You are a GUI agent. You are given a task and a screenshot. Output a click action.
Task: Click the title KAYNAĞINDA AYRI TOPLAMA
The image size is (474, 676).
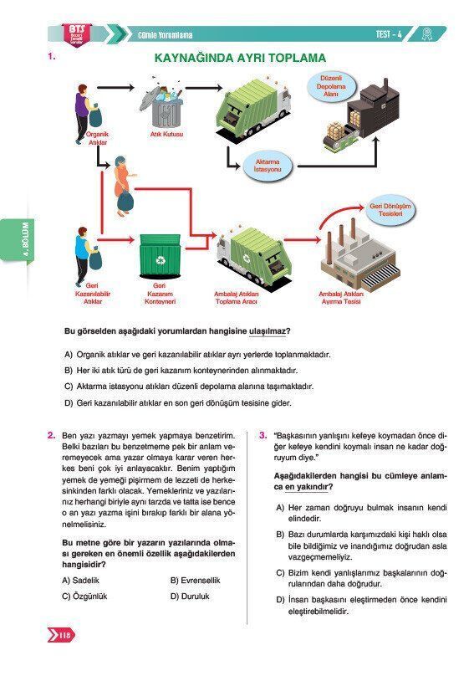pos(240,58)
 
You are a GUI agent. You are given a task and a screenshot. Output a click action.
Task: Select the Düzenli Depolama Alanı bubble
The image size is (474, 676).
pos(331,87)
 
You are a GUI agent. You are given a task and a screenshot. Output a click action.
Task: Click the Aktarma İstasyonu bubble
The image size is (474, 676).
pos(268,166)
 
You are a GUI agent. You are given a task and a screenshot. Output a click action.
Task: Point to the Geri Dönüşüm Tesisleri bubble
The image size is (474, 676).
pos(390,210)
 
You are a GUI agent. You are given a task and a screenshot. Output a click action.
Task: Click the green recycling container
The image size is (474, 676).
pos(160,257)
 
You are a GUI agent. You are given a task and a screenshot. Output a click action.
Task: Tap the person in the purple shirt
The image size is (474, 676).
pos(84,114)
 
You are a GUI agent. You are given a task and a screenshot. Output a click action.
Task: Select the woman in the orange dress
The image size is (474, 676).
pos(123,187)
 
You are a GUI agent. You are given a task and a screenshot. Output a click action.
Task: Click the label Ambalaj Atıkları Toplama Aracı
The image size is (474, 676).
pos(236,298)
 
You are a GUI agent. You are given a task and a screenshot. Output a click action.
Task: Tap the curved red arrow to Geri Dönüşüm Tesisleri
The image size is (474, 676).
pos(343,215)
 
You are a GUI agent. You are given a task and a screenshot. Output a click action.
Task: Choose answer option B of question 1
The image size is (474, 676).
pos(181,371)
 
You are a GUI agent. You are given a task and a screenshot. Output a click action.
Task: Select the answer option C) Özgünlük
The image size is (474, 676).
pos(84,597)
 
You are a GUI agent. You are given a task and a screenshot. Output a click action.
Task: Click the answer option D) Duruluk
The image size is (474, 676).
pos(190,597)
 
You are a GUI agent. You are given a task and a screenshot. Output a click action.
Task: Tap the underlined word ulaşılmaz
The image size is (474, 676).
pos(268,331)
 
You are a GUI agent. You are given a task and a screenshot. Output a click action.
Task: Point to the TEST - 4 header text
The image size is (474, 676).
pos(389,34)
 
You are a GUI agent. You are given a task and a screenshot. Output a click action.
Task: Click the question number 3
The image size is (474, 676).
pos(262,435)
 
